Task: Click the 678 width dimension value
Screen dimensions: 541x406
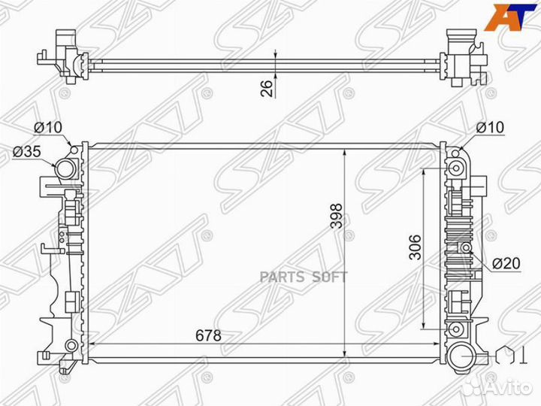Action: coord(208,335)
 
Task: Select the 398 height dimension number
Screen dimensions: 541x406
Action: coord(336,216)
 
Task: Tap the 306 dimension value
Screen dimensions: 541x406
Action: coord(415,247)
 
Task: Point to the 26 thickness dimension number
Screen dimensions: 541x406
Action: coord(266,88)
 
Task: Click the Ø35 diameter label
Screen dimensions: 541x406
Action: coord(27,151)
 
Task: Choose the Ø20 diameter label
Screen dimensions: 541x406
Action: coord(506,263)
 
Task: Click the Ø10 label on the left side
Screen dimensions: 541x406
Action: coord(48,127)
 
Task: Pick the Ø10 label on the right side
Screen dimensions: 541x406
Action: coord(490,127)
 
